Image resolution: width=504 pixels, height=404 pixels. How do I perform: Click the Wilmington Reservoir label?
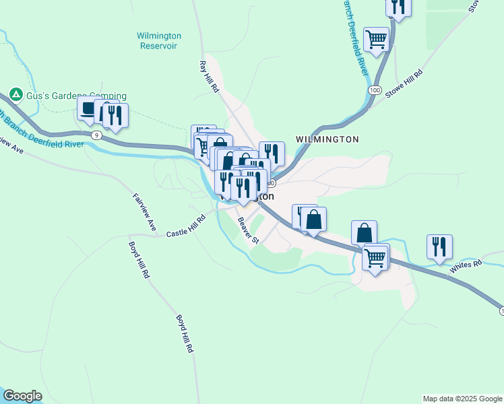click(159, 40)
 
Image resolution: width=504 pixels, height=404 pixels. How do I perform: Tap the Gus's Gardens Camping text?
click(76, 96)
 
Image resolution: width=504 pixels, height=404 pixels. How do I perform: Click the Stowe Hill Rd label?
click(404, 84)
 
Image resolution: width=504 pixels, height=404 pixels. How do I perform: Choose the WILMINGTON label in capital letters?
click(327, 139)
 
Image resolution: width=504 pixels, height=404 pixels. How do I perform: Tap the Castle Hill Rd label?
click(185, 225)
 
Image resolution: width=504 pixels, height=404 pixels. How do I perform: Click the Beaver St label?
click(247, 230)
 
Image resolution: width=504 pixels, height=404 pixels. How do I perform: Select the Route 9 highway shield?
click(98, 135)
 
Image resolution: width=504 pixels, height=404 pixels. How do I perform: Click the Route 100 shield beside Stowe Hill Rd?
click(374, 90)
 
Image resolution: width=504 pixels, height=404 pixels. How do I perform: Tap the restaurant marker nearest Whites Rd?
click(439, 247)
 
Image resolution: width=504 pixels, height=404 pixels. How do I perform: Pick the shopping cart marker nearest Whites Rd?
click(375, 256)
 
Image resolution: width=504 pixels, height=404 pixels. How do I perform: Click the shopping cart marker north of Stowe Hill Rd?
click(376, 38)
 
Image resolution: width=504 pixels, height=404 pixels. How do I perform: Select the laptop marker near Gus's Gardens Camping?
click(88, 108)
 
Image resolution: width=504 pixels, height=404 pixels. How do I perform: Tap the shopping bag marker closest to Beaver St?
click(313, 220)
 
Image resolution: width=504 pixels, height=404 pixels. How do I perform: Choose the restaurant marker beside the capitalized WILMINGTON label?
click(272, 154)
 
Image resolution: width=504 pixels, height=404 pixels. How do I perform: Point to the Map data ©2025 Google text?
click(462, 399)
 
